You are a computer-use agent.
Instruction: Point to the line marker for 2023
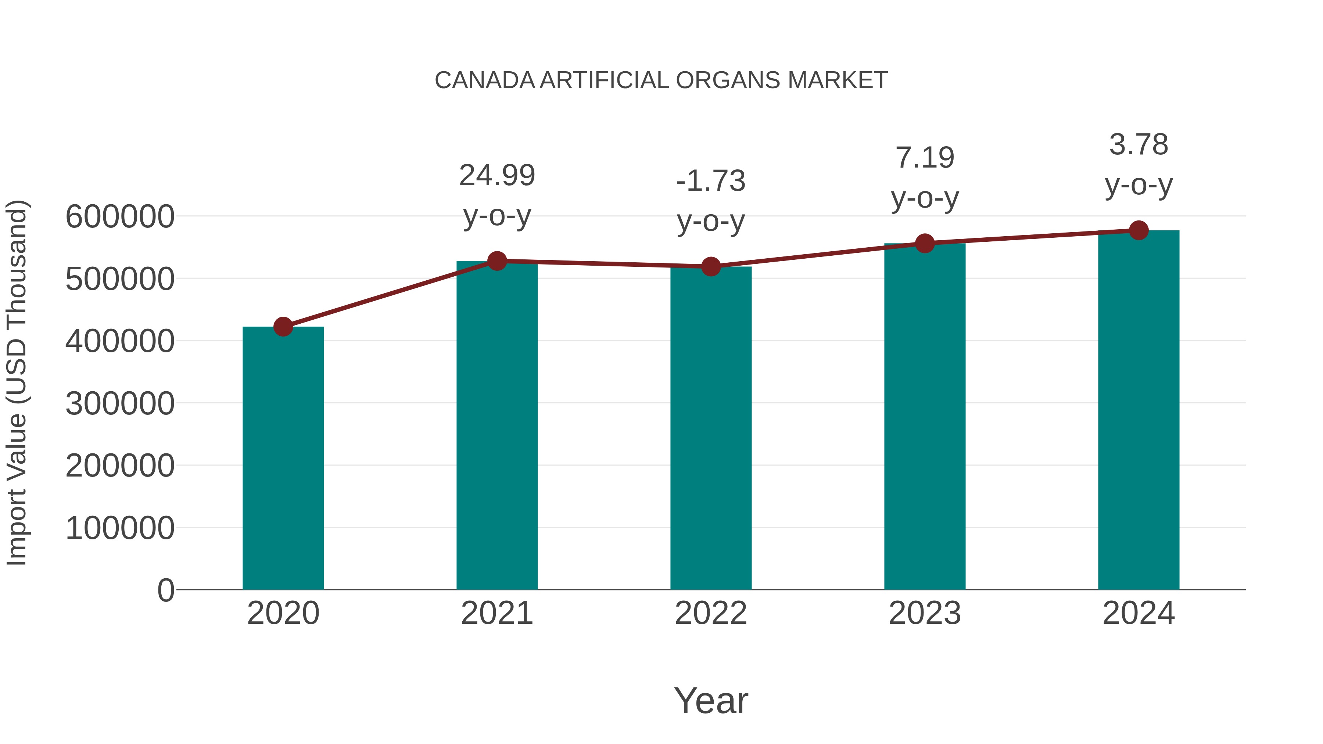pos(925,243)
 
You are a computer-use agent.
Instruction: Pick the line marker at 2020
pos(283,327)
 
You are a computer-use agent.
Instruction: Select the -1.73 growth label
pos(711,181)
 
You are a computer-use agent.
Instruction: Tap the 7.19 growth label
pos(925,158)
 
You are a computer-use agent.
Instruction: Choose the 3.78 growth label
pos(1139,145)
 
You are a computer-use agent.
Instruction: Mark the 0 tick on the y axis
pos(165,590)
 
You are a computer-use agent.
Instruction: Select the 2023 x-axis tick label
pos(925,613)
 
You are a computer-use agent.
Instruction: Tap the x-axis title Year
pos(711,700)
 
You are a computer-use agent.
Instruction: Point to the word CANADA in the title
pos(485,80)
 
